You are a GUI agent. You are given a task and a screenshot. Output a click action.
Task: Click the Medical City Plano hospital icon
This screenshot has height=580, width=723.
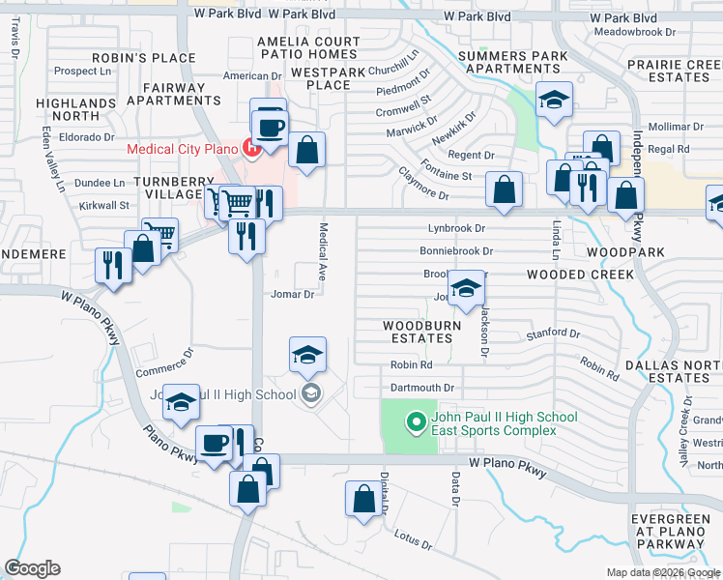point(253,148)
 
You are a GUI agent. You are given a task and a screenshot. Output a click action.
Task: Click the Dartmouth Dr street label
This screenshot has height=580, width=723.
point(421,388)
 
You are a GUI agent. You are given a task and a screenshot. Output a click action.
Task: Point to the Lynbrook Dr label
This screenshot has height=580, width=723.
point(456,228)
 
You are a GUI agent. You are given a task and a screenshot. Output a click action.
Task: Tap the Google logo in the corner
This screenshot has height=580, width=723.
point(32,568)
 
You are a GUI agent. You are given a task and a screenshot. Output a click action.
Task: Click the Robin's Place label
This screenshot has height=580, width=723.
point(159,59)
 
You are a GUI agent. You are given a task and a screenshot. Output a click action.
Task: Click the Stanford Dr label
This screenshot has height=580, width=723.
point(553,334)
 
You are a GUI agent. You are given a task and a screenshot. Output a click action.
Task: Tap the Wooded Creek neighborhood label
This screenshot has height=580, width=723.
point(580,275)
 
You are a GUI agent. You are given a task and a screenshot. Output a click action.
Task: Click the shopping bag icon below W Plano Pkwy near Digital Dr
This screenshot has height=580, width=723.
point(363,500)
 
